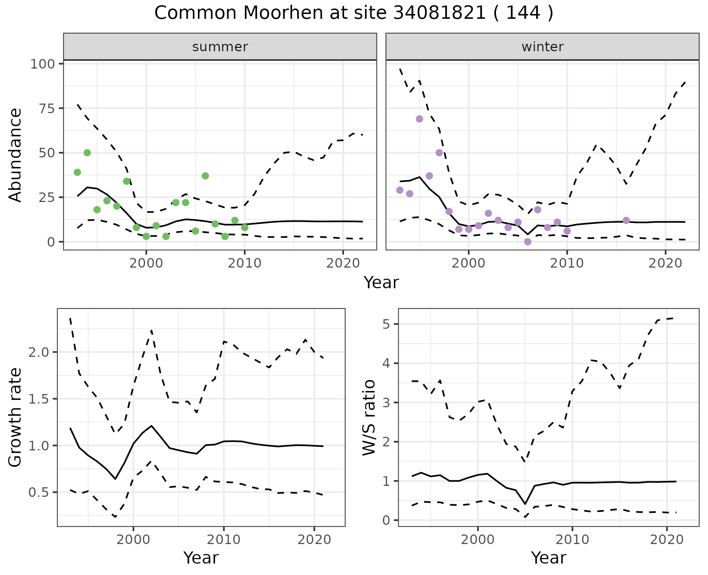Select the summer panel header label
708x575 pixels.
point(220,47)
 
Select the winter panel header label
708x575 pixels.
point(542,47)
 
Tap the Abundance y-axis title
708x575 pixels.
point(15,155)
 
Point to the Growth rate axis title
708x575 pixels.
point(15,417)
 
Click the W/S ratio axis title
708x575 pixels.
point(369,417)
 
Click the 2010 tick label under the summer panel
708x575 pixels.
point(244,263)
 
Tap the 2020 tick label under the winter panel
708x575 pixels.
point(666,263)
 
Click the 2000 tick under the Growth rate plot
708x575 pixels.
point(133,540)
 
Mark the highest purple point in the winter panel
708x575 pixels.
point(419,119)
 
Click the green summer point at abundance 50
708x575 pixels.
point(87,153)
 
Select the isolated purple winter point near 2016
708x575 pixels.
point(626,220)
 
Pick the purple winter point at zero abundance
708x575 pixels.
point(528,242)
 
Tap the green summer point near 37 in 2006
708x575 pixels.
point(205,176)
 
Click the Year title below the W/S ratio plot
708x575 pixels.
point(549,558)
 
